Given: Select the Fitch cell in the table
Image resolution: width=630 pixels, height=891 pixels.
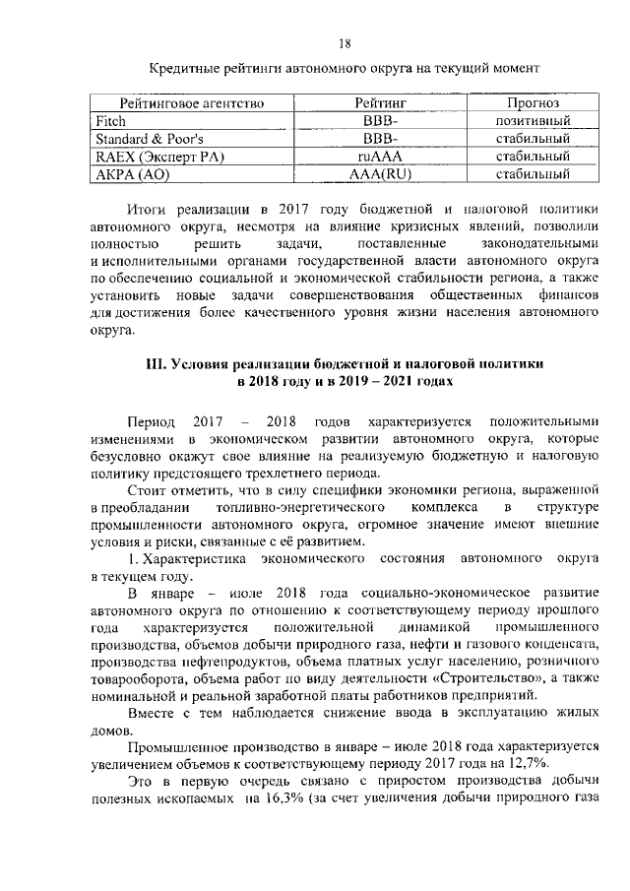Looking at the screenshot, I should (110, 120).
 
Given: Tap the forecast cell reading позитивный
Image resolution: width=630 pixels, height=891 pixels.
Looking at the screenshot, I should (534, 120).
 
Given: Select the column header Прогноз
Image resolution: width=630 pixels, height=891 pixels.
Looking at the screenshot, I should (534, 102).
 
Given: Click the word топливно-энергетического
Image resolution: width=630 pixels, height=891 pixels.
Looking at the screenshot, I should (272, 505).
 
